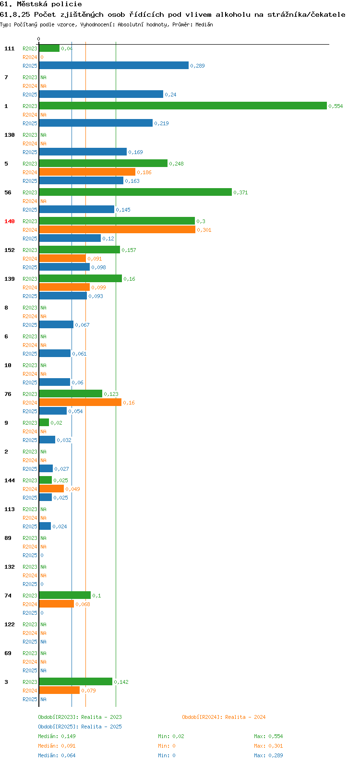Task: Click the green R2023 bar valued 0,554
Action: tap(183, 106)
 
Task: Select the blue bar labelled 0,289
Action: tap(114, 65)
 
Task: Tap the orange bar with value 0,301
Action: tap(118, 229)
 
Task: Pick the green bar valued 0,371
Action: tap(135, 192)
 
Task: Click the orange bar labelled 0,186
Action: tap(87, 172)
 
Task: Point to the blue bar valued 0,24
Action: tap(101, 94)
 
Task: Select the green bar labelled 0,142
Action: tap(76, 681)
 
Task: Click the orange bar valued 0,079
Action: tap(60, 690)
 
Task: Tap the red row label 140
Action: tap(10, 221)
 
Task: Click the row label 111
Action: tap(10, 48)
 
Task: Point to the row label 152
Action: tap(10, 250)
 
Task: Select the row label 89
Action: tap(8, 538)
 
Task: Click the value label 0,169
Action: tap(135, 152)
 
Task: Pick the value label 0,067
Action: tap(82, 325)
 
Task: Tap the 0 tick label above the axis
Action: tap(38, 39)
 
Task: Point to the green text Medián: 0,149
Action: tap(57, 736)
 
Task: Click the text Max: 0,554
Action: tap(268, 736)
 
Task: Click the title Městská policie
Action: tap(49, 4)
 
